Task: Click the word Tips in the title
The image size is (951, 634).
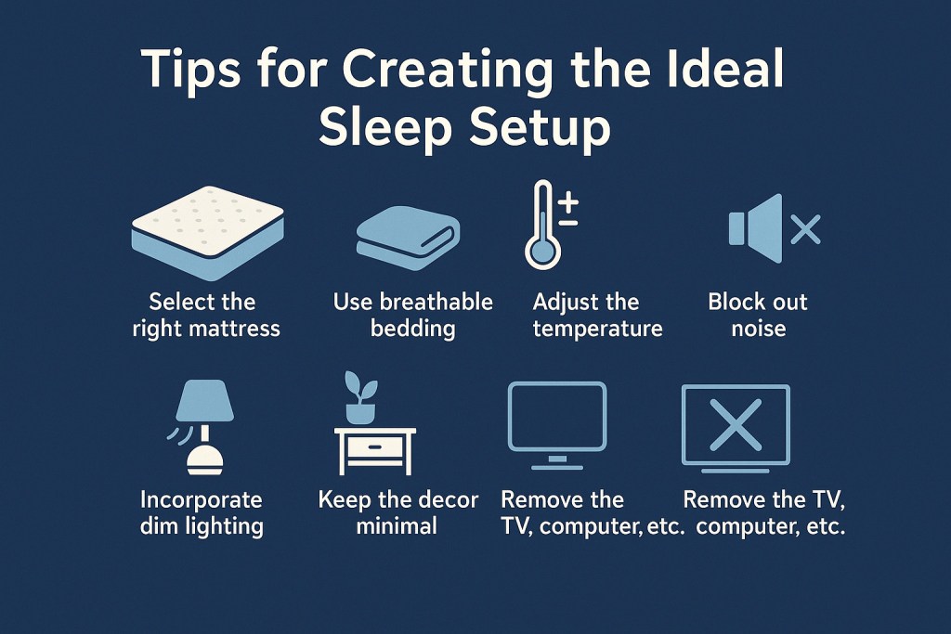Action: pos(191,69)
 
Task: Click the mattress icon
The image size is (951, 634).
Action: pos(208,233)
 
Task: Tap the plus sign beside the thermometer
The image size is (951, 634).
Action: pos(568,203)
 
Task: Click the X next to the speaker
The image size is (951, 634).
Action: pos(806,229)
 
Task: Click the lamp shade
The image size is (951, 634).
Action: pos(204,400)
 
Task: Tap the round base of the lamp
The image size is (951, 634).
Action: pos(205,459)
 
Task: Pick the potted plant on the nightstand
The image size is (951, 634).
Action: pos(360,397)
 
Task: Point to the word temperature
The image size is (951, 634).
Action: pos(597,330)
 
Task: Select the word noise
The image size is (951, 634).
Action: pos(758,330)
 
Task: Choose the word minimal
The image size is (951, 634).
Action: pos(397,525)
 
